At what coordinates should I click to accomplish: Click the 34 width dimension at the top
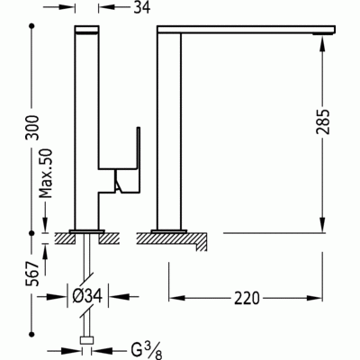(x=140, y=9)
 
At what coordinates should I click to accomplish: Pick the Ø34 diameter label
(x=87, y=294)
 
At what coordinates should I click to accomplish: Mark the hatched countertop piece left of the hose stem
(x=65, y=240)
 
